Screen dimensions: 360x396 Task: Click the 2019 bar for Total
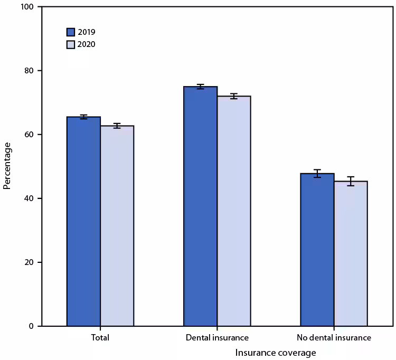click(x=83, y=222)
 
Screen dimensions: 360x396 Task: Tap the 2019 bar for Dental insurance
click(x=200, y=206)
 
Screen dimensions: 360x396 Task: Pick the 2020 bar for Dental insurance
click(x=233, y=211)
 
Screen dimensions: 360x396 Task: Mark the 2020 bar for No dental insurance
click(x=351, y=254)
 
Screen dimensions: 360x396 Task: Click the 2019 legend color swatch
click(x=71, y=32)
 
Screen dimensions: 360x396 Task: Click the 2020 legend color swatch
click(x=71, y=44)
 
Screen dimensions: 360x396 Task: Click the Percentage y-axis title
click(x=7, y=166)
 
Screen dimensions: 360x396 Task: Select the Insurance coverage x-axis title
click(x=275, y=352)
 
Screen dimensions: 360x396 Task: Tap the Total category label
click(x=100, y=337)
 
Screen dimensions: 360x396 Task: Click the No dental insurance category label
click(x=334, y=337)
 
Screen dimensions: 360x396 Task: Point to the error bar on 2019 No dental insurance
click(x=317, y=173)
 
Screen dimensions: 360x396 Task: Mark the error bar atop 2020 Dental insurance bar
click(x=233, y=96)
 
